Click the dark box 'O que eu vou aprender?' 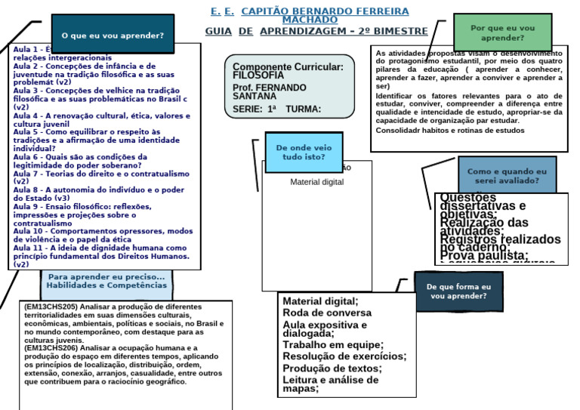coord(113,35)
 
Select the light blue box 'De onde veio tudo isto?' coord(303,152)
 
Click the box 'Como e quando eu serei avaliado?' coord(506,176)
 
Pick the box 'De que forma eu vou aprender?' coord(458,292)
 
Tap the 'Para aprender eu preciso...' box coord(106,281)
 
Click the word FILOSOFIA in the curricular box coord(259,76)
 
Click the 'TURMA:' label coord(304,109)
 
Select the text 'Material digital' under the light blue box coord(317,182)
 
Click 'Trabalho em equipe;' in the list coord(332,344)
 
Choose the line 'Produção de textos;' coord(332,368)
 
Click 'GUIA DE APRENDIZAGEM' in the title coord(316,32)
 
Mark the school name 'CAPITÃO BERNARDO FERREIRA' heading coord(325,12)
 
